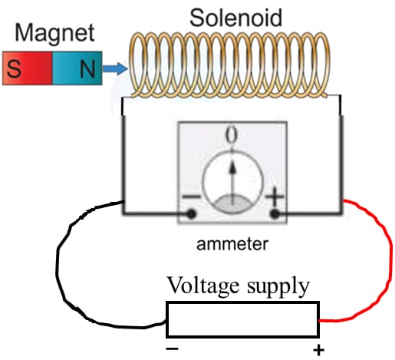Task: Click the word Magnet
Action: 55,33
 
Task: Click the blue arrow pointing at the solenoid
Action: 115,70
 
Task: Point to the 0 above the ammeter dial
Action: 231,136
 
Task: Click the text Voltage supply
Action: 239,286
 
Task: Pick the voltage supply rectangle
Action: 242,319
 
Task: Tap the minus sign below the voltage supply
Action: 172,349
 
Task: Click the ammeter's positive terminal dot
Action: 274,213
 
